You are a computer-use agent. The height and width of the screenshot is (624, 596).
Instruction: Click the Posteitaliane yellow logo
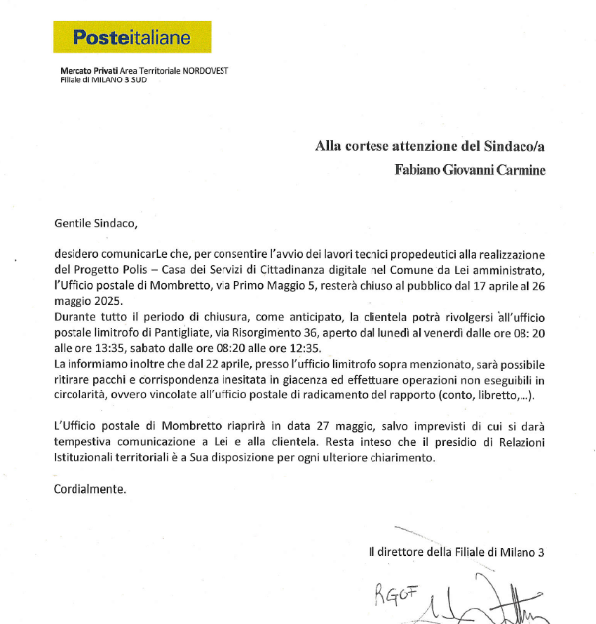click(131, 37)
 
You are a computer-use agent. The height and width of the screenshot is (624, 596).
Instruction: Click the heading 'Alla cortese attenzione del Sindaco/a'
click(430, 146)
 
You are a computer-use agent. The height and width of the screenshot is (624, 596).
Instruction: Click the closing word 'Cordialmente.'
click(87, 490)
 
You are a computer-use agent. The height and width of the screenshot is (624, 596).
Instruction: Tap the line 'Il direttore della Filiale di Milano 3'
click(456, 552)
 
